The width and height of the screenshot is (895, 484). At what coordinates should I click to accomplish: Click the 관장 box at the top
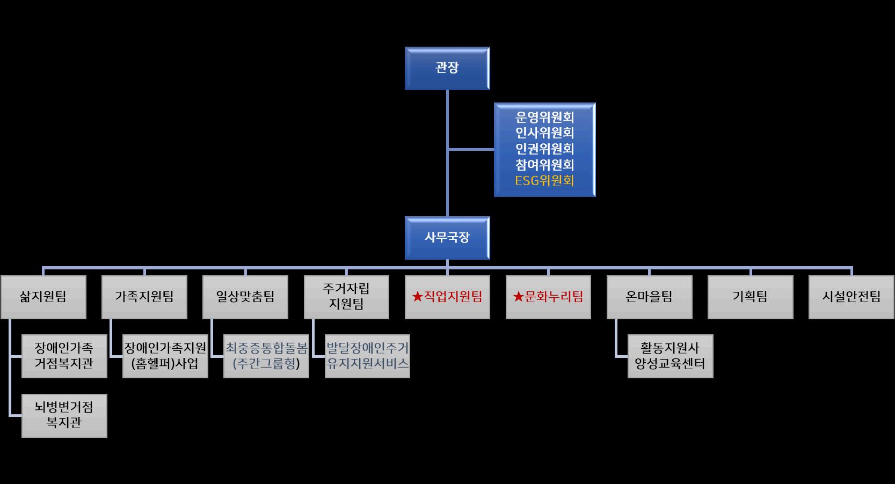click(447, 68)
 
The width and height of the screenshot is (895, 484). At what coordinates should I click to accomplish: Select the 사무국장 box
click(447, 238)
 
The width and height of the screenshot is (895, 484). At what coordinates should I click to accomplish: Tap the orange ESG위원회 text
click(544, 181)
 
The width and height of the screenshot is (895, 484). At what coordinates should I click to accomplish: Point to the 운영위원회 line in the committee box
click(544, 117)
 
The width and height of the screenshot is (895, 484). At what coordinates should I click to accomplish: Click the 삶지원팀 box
click(43, 297)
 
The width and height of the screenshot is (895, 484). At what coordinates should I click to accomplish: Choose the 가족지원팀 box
click(144, 297)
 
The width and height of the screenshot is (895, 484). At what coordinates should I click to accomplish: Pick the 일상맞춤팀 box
click(245, 297)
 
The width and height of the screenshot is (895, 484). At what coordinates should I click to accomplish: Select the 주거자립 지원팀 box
click(346, 297)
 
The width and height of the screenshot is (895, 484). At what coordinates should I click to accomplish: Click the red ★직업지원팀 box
click(447, 297)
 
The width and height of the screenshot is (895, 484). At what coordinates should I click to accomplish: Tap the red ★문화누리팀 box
click(548, 297)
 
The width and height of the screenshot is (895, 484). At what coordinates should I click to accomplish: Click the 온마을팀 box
click(649, 297)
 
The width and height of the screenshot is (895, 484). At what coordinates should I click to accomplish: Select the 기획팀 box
click(750, 297)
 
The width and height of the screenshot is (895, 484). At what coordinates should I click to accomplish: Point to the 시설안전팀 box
click(851, 297)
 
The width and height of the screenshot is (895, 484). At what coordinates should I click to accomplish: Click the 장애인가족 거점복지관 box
click(64, 356)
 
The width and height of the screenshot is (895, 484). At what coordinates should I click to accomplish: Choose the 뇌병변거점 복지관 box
click(64, 415)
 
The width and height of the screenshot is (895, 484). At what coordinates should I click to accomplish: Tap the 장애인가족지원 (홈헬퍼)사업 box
click(165, 356)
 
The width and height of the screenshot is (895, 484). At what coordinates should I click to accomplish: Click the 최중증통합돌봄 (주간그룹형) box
click(266, 356)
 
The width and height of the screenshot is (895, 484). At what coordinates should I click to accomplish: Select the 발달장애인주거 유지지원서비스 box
click(367, 356)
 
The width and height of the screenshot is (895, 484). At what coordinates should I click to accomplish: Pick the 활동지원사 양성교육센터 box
click(670, 356)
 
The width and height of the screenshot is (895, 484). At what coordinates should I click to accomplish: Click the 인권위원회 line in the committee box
click(544, 149)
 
